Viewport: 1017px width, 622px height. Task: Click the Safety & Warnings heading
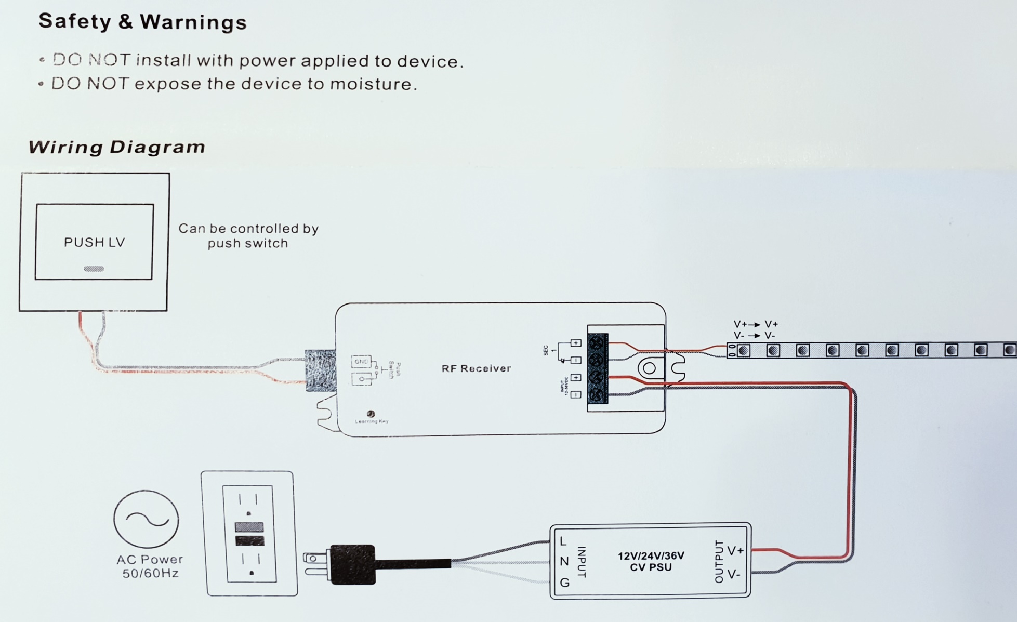click(142, 22)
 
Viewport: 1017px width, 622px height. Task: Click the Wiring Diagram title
click(117, 147)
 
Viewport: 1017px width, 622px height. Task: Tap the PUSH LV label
click(95, 242)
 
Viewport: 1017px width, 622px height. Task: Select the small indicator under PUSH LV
click(94, 269)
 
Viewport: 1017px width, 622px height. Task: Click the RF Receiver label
click(476, 368)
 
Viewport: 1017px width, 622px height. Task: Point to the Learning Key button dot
click(371, 414)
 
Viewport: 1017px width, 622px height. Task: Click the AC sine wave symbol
click(147, 519)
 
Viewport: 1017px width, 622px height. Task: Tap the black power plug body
click(353, 564)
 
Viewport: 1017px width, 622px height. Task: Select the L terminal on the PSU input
click(563, 541)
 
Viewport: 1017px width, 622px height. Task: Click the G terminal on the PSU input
click(564, 583)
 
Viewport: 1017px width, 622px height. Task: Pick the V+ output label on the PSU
click(735, 550)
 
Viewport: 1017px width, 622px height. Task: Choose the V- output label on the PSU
click(734, 574)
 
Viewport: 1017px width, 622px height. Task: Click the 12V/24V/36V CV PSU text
click(651, 561)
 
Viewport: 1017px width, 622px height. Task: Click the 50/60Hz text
click(150, 573)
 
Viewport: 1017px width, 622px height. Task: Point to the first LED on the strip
click(744, 351)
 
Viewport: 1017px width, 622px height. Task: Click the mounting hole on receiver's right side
click(649, 368)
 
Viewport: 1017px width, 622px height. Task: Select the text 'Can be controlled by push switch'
click(248, 236)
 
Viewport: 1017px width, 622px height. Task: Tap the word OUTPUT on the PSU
click(719, 561)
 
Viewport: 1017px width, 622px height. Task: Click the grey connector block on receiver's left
click(320, 370)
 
